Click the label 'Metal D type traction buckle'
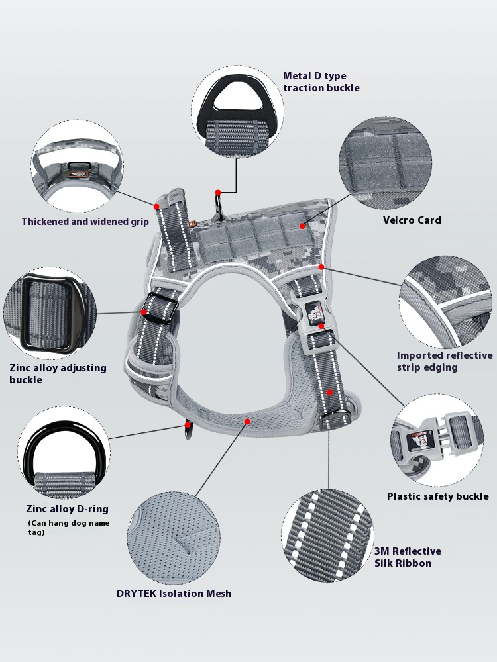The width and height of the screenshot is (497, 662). point(321,82)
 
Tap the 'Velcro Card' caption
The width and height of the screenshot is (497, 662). point(412,220)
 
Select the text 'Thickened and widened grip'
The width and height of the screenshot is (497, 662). point(85,222)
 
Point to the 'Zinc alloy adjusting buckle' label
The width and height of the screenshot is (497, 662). point(58,374)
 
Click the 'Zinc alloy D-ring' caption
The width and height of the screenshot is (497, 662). point(67,509)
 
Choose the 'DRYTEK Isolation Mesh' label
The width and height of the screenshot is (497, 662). point(174,593)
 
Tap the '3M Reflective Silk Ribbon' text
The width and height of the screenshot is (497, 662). point(408,557)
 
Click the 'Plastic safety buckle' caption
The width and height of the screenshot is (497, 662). point(437,496)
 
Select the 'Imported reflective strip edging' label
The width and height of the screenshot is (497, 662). point(445,361)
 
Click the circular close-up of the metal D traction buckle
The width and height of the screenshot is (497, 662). point(237,112)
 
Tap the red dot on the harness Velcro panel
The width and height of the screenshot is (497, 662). point(303,226)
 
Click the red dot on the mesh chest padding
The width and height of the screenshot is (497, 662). point(247,421)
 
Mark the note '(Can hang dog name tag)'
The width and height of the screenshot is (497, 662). point(68,528)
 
